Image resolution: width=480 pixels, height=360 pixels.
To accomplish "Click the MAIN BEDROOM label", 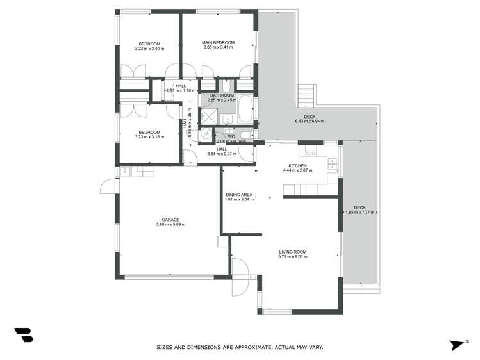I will (x=219, y=43).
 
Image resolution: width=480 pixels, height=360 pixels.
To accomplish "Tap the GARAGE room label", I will (x=170, y=219).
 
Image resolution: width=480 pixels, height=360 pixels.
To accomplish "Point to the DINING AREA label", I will (x=239, y=194).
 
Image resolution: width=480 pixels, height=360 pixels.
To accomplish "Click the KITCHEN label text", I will (x=297, y=165).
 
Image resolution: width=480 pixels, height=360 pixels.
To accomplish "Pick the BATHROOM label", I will (x=222, y=95).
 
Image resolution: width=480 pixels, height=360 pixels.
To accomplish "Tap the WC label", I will (x=231, y=136).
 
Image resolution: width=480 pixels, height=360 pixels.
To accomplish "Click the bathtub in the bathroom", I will (x=245, y=110).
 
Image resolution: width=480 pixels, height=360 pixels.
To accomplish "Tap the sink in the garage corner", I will (x=125, y=170).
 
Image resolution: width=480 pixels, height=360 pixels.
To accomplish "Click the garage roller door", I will (x=170, y=277).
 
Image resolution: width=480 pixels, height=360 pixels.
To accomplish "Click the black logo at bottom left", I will (x=23, y=335).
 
